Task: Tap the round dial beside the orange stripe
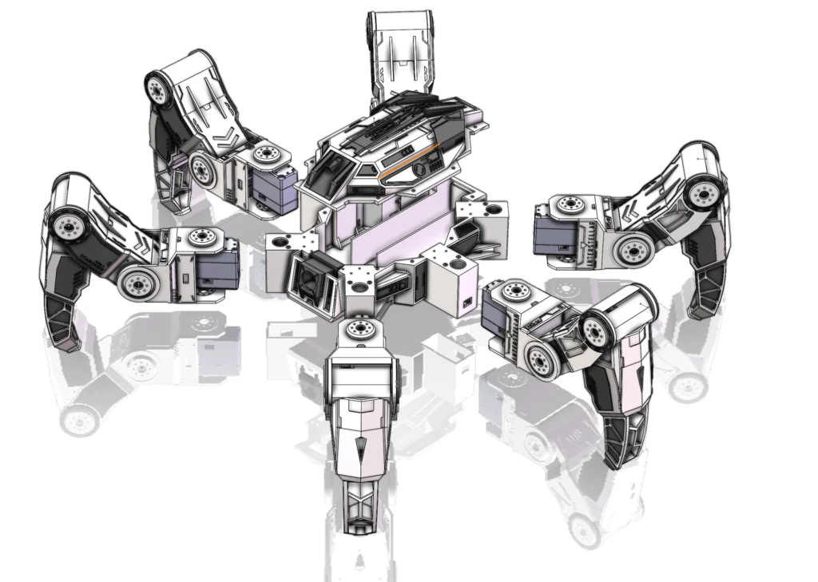point(418,170)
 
